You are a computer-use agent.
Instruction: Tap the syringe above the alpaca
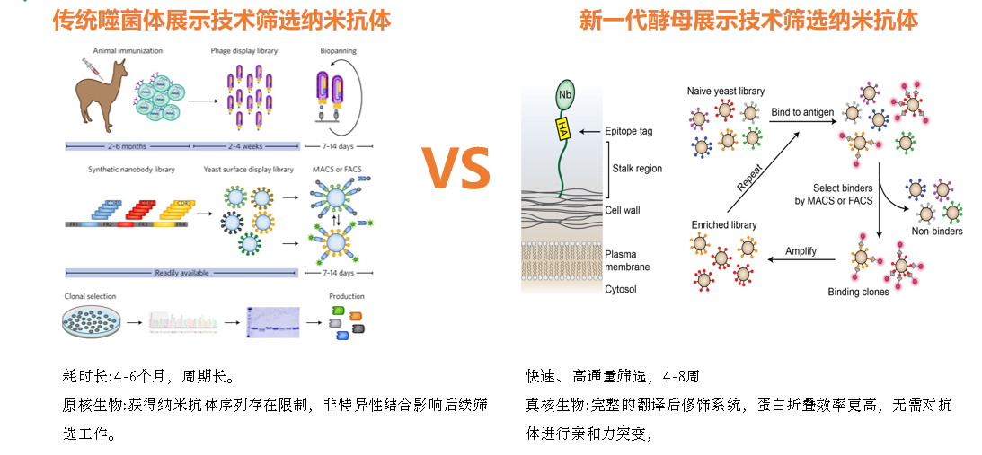(x=88, y=65)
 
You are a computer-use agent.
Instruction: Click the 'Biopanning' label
(x=338, y=51)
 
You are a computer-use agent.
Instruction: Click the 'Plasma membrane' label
(x=627, y=260)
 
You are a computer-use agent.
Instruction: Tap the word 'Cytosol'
(x=621, y=289)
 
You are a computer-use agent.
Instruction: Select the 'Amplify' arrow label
(x=801, y=251)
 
